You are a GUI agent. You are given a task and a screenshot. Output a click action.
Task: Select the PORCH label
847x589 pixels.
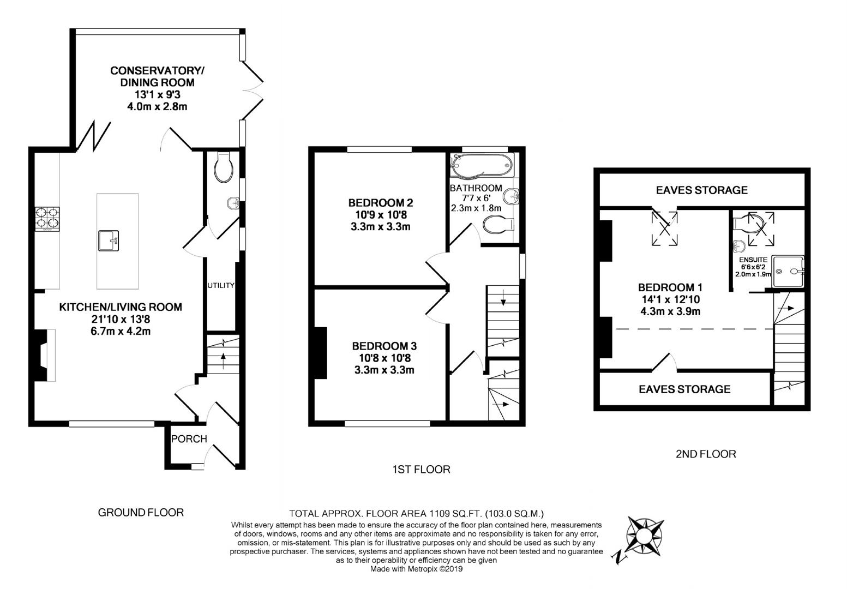(189, 439)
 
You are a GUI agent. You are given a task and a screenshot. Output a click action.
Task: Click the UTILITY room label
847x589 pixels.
(220, 285)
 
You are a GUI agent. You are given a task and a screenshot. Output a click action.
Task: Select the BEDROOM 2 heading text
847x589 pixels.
(380, 203)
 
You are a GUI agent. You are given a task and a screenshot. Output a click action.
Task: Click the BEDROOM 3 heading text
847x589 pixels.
(384, 346)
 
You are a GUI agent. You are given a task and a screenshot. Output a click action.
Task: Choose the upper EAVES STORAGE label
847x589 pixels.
(701, 190)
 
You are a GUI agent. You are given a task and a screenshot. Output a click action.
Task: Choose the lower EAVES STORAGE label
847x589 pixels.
(684, 389)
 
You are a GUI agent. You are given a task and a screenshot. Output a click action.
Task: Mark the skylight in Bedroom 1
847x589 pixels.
(665, 224)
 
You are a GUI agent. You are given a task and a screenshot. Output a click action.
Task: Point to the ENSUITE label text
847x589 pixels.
(753, 260)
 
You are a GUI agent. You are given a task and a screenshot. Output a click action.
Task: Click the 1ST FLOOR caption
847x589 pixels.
(421, 469)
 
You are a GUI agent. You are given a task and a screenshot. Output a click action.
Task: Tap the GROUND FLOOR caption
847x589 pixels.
(141, 512)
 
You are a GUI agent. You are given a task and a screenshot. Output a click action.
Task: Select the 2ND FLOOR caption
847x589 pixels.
(706, 454)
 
